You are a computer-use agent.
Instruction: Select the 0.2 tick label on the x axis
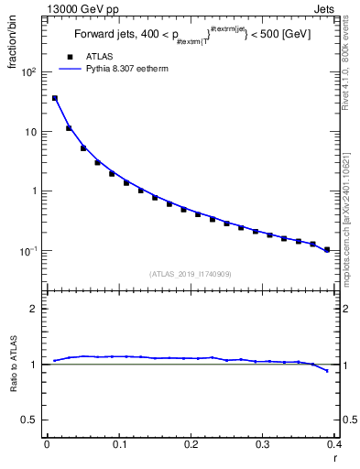191,445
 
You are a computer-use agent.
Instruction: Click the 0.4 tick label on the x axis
334,445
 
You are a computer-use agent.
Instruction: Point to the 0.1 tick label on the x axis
118,445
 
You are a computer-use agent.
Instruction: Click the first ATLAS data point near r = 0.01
54,98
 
